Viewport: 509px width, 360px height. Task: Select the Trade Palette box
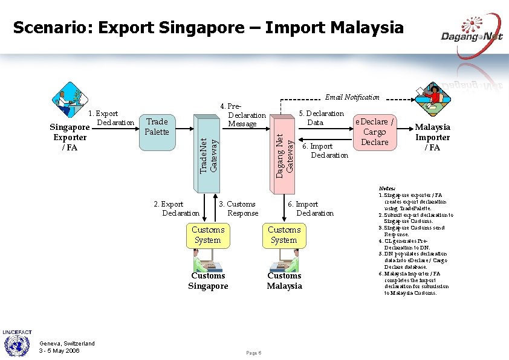point(157,127)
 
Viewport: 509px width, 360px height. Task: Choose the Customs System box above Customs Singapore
point(208,235)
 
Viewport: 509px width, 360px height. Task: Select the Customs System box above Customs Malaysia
point(284,235)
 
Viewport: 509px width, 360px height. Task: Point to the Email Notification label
point(352,97)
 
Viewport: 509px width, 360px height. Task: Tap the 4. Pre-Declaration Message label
point(242,115)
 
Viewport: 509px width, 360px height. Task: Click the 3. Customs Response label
point(238,209)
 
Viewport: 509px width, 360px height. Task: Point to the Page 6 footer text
point(254,353)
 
